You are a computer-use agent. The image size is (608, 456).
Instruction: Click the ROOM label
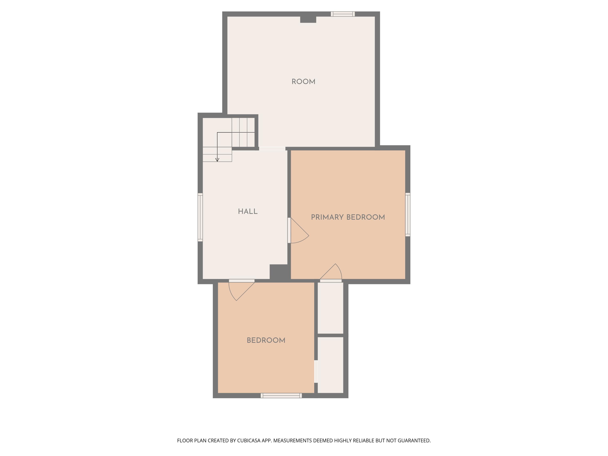[303, 82]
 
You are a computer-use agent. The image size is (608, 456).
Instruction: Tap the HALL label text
[248, 211]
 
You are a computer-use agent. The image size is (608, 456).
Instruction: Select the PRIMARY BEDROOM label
[348, 217]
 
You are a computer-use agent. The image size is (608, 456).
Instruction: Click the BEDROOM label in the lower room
[266, 340]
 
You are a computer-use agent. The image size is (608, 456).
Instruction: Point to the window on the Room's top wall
[343, 14]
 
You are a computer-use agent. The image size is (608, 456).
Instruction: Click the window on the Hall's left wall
[200, 217]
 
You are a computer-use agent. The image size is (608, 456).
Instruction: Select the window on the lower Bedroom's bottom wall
[281, 396]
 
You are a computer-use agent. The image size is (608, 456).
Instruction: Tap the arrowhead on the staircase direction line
[217, 160]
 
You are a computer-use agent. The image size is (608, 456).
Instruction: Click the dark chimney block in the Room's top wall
[308, 19]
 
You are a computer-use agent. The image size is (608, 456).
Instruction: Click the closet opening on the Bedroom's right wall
[316, 371]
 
